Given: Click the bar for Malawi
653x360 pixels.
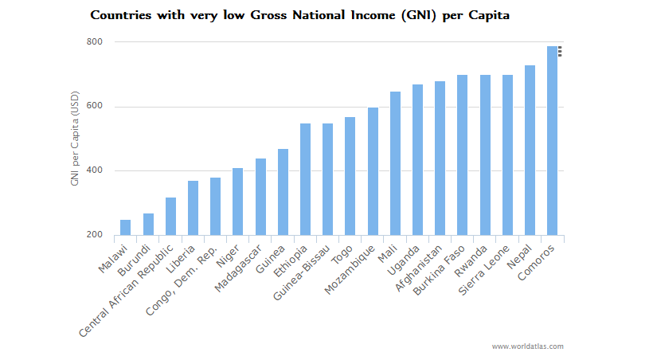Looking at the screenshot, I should point(125,227).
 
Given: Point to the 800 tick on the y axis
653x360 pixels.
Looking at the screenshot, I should point(95,42).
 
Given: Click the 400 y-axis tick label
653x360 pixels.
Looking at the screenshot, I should point(95,171).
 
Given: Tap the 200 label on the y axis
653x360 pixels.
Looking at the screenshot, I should point(95,235).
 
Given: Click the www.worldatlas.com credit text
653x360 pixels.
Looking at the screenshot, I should point(527,346).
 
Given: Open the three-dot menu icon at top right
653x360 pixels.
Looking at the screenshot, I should point(560,51).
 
